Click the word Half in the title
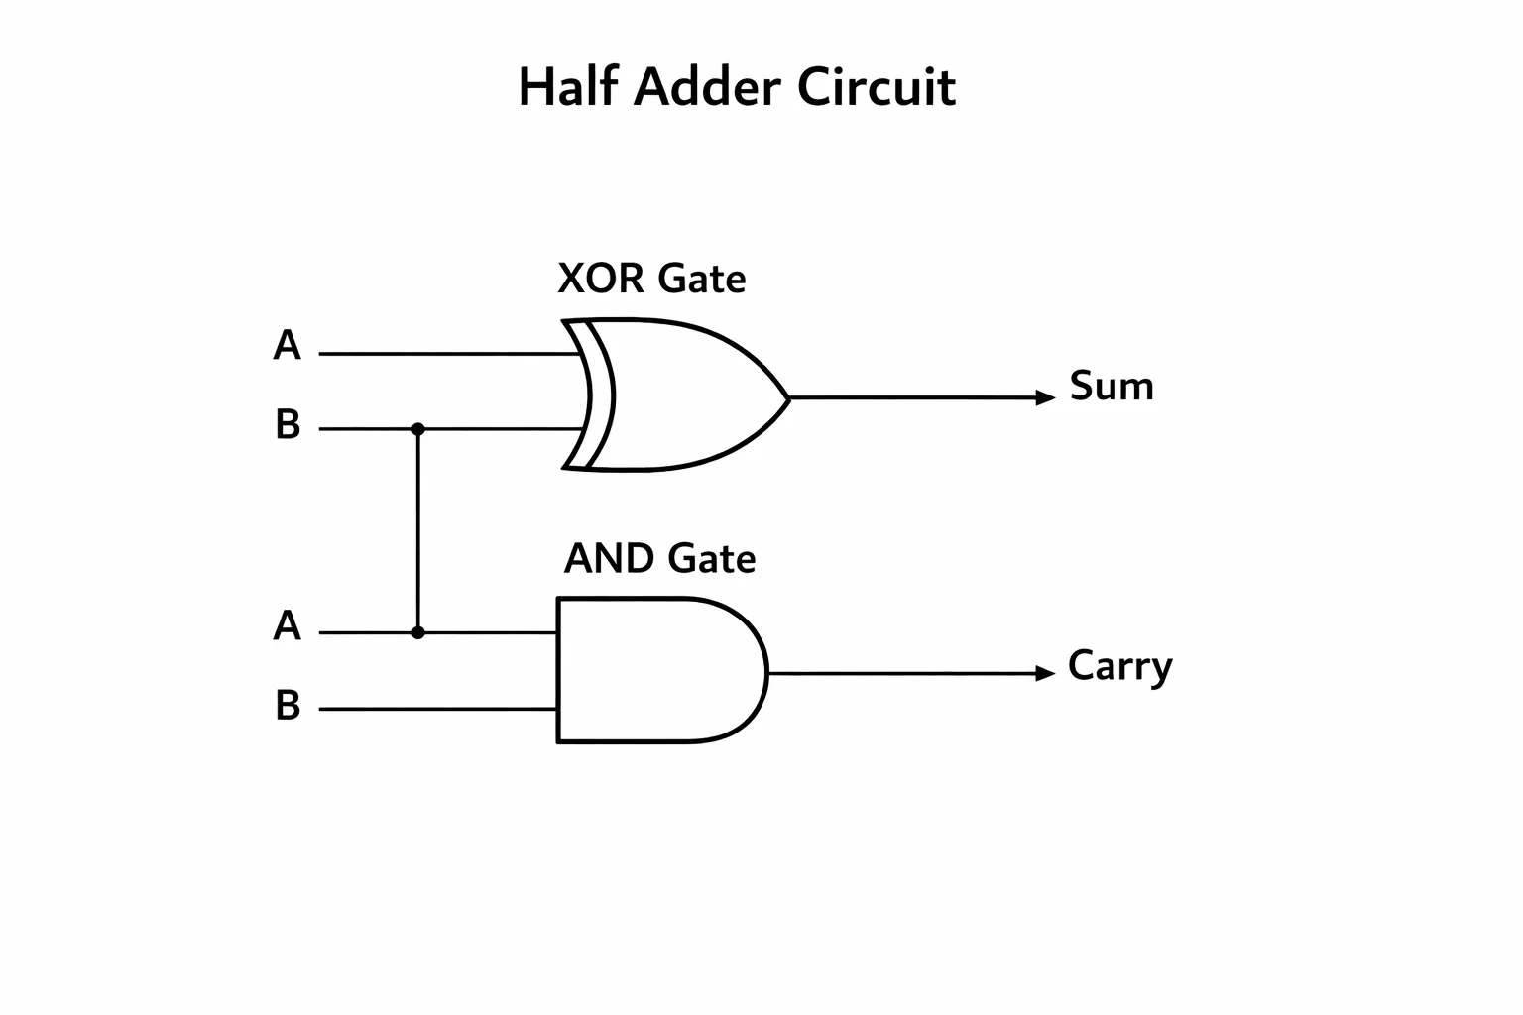point(568,86)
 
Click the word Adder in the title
point(707,86)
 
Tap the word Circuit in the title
point(877,86)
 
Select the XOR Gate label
point(651,279)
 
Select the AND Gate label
point(659,558)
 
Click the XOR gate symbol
point(680,395)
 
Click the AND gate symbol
point(663,670)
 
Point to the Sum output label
point(1112,386)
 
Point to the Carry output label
point(1119,666)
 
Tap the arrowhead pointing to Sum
point(1046,397)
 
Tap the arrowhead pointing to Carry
point(1046,673)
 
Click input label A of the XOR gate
point(287,345)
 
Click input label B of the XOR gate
point(288,424)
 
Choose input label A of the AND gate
point(287,624)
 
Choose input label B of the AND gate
point(288,705)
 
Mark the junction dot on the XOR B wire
point(418,429)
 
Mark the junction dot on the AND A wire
point(418,633)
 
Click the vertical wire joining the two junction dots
point(418,531)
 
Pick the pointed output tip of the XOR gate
point(789,397)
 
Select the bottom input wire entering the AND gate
point(438,709)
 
